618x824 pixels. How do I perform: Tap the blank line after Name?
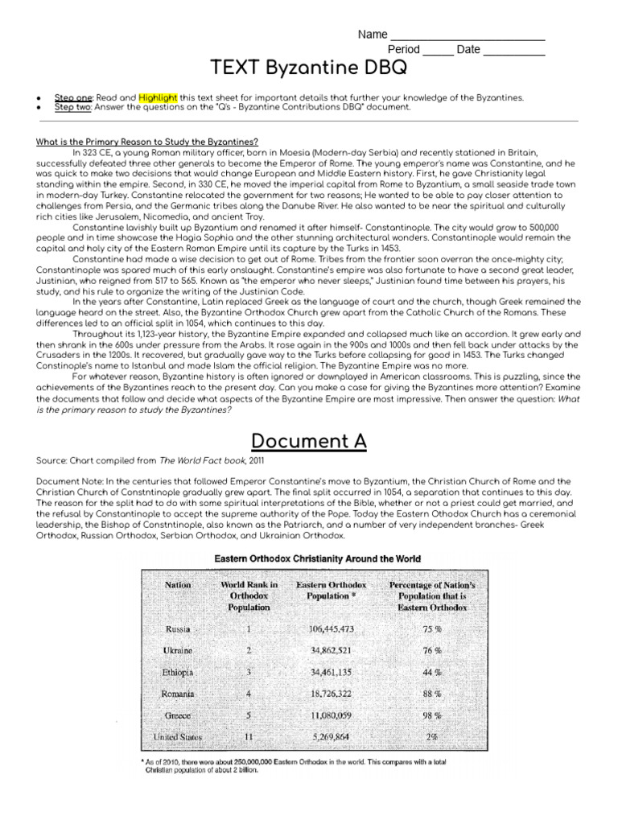pos(467,35)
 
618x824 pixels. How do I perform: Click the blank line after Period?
pos(438,50)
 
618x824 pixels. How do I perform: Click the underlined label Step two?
pos(72,107)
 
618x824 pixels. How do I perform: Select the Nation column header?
pos(178,585)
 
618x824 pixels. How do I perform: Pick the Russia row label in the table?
pos(178,628)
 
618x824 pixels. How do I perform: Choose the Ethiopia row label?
pos(178,671)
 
